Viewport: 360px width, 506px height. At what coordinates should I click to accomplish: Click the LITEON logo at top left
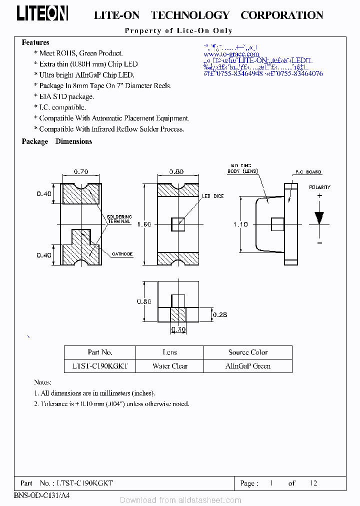tap(42, 14)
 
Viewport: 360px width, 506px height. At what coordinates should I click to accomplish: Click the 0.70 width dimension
tap(81, 171)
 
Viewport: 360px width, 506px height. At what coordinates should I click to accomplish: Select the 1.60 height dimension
tap(144, 224)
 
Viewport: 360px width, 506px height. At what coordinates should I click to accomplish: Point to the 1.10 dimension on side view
tap(240, 224)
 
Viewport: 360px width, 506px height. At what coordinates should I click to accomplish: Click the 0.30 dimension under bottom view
tap(178, 329)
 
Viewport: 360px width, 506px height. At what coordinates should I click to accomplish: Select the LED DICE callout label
tap(212, 196)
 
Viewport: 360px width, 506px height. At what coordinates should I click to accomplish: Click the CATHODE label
tap(122, 254)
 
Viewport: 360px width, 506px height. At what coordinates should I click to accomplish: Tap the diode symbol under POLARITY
tap(319, 218)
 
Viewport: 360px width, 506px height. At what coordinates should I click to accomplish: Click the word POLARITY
tap(319, 187)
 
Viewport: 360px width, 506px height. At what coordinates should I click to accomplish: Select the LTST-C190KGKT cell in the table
tap(99, 366)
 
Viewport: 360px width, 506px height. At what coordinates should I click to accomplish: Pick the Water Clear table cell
tap(169, 366)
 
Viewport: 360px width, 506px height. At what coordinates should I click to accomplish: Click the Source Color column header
tap(247, 352)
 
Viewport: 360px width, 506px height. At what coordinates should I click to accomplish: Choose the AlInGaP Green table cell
tap(247, 366)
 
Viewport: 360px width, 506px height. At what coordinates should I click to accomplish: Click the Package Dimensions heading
tap(56, 141)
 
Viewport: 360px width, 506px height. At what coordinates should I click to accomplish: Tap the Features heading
tap(35, 42)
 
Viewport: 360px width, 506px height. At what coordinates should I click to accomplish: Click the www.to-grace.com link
tap(231, 54)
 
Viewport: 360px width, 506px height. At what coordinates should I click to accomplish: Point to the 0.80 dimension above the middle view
tap(176, 171)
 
